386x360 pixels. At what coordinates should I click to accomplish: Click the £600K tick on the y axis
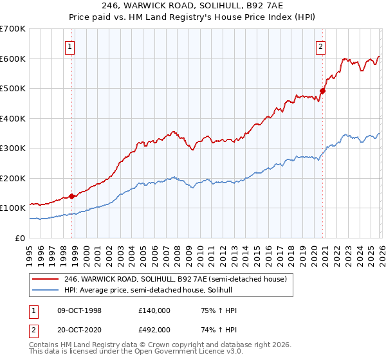(x=12, y=59)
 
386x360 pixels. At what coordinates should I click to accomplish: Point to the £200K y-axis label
(x=12, y=178)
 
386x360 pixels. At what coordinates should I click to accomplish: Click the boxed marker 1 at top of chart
(x=70, y=46)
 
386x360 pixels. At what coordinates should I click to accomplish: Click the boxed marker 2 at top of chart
(x=320, y=46)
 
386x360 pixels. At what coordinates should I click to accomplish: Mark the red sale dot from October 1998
(x=72, y=196)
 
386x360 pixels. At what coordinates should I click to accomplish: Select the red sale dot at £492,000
(x=322, y=91)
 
